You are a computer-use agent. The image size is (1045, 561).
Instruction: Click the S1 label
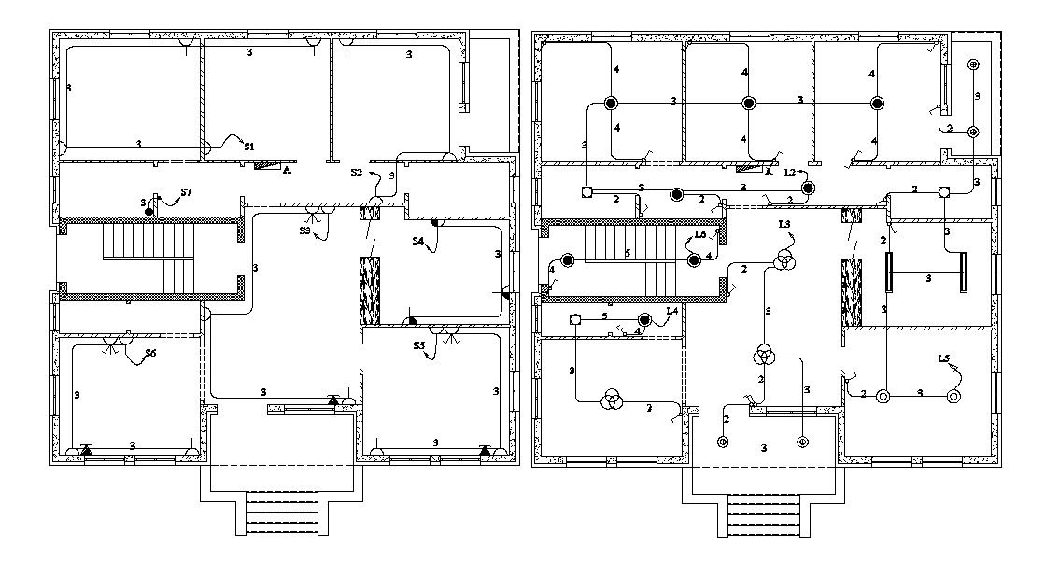click(x=249, y=147)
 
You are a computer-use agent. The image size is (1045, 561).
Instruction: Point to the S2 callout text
click(x=357, y=173)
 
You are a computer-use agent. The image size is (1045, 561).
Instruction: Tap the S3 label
click(x=305, y=230)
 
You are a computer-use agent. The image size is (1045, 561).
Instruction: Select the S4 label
click(x=419, y=241)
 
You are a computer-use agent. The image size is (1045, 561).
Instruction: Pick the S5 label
click(x=420, y=346)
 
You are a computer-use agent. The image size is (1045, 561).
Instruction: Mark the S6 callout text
click(x=149, y=353)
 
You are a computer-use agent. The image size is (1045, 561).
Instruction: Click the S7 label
click(x=186, y=192)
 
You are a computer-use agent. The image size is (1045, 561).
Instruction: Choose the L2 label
click(x=790, y=173)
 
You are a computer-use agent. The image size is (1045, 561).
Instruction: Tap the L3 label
click(x=784, y=224)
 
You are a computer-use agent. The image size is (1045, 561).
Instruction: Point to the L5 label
click(x=945, y=358)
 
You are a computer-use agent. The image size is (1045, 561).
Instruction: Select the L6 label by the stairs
click(x=700, y=235)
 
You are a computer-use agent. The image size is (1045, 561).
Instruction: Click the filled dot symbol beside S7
click(x=149, y=213)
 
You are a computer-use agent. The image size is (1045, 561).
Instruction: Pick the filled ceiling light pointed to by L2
click(x=808, y=189)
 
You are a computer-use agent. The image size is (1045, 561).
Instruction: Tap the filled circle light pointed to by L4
click(x=644, y=320)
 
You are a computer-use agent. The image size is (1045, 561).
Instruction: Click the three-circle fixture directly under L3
click(x=783, y=260)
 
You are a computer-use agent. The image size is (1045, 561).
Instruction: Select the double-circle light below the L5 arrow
click(x=953, y=395)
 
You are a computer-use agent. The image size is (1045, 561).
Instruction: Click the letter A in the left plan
click(x=287, y=171)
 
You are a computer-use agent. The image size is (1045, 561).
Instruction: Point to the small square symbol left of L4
click(x=575, y=320)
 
